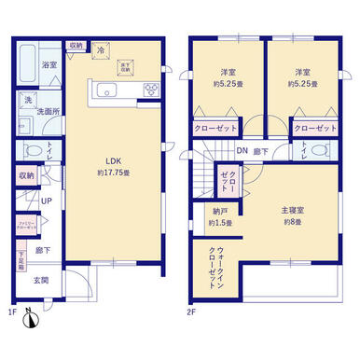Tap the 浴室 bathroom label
pos(25,65)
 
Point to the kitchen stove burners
pos(150,90)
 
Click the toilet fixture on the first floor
pos(31,149)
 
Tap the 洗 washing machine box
pos(28,100)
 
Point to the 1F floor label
pos(12,309)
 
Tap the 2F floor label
pos(193,309)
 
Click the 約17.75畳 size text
pos(110,173)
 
